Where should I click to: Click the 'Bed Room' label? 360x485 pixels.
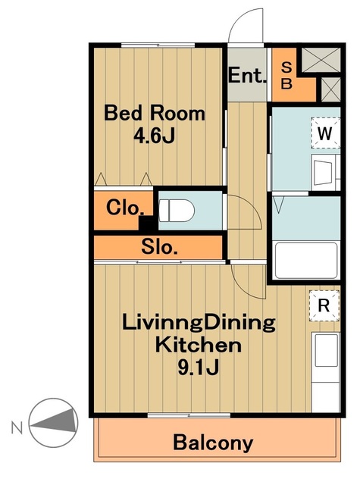point(155,114)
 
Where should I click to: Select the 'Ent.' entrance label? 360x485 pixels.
point(247,75)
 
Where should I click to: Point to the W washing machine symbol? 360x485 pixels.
point(325,133)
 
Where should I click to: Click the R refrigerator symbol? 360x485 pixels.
point(324,305)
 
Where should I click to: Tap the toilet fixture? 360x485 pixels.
point(177,211)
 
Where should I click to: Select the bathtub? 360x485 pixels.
point(306,260)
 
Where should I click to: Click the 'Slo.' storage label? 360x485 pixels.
point(159,247)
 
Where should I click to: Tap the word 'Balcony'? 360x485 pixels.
point(213,443)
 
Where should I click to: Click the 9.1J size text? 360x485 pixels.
point(199,367)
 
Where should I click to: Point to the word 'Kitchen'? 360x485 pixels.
point(199,345)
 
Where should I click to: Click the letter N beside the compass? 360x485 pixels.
point(17,427)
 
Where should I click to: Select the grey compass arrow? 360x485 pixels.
point(55,420)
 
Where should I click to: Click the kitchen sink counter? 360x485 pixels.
point(325,372)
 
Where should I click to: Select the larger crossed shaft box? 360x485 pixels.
point(321,60)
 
